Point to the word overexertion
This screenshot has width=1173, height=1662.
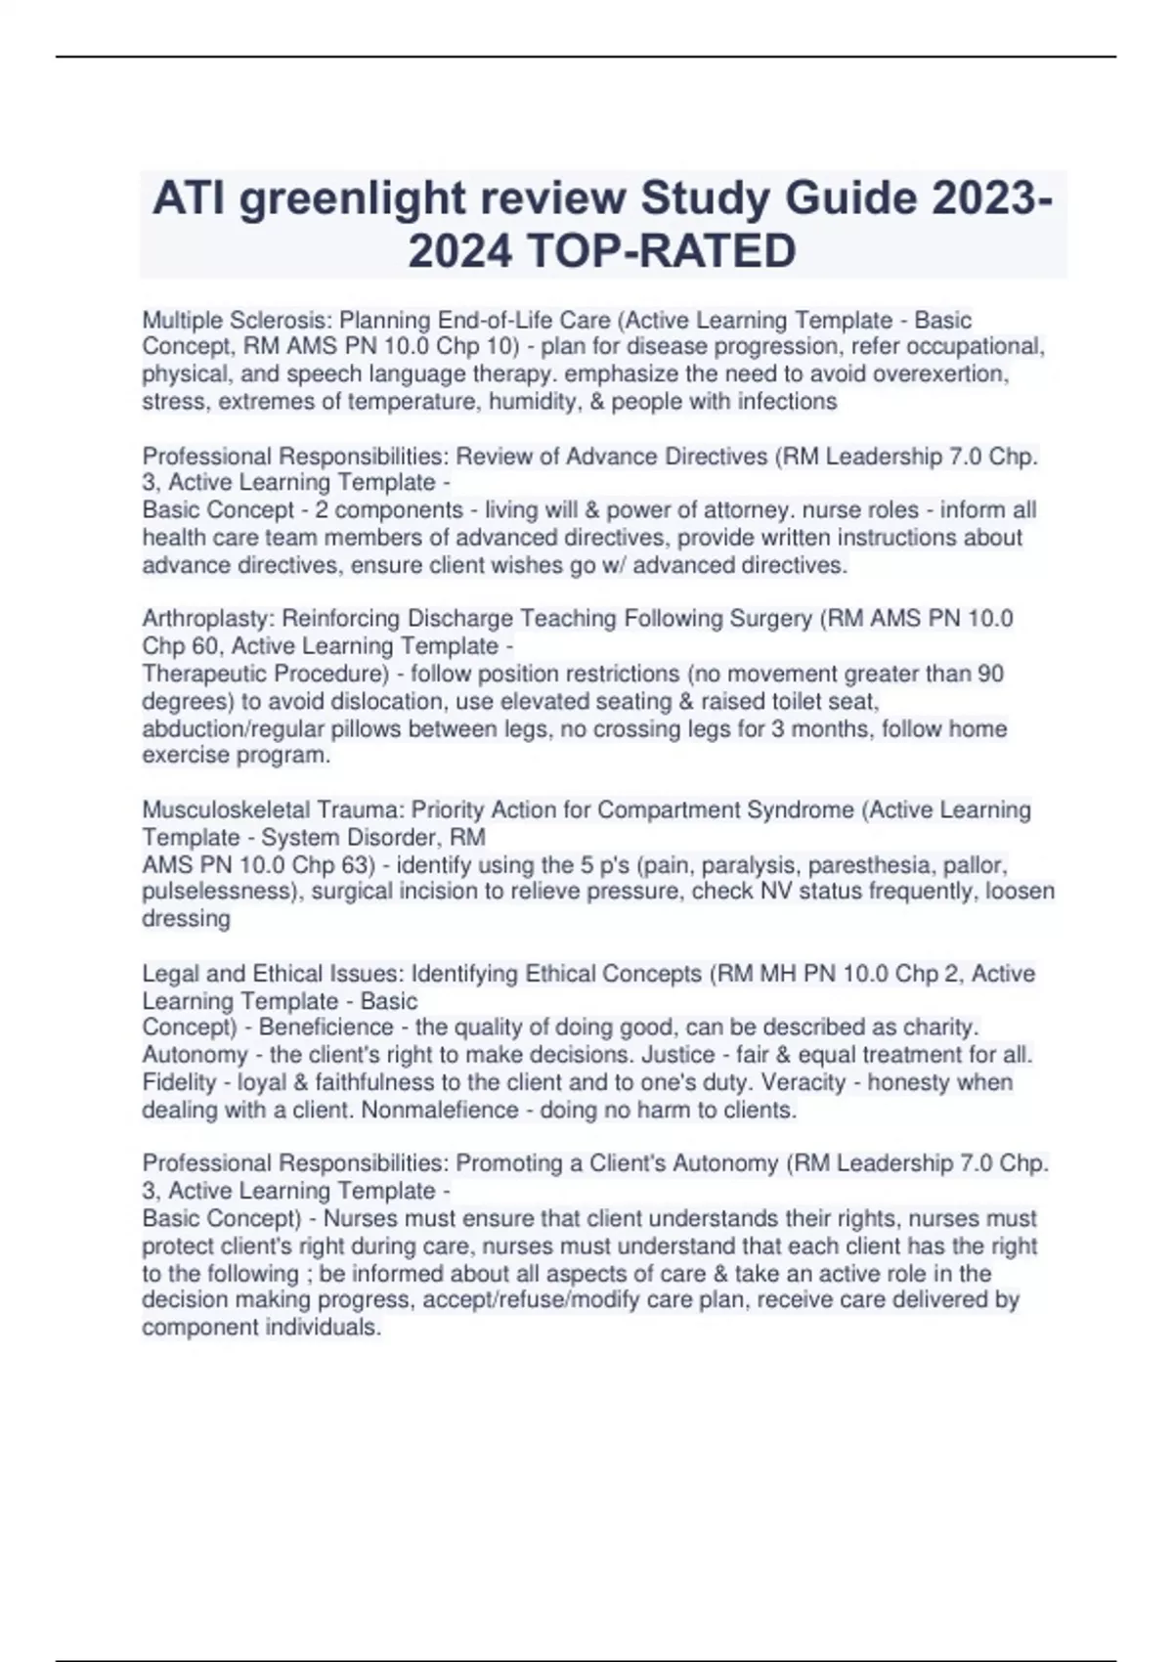click(940, 374)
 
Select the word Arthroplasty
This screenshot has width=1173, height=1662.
click(209, 619)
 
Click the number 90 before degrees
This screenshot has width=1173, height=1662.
click(989, 674)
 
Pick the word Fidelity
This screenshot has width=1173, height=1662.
click(179, 1082)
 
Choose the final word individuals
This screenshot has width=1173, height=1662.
click(321, 1328)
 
